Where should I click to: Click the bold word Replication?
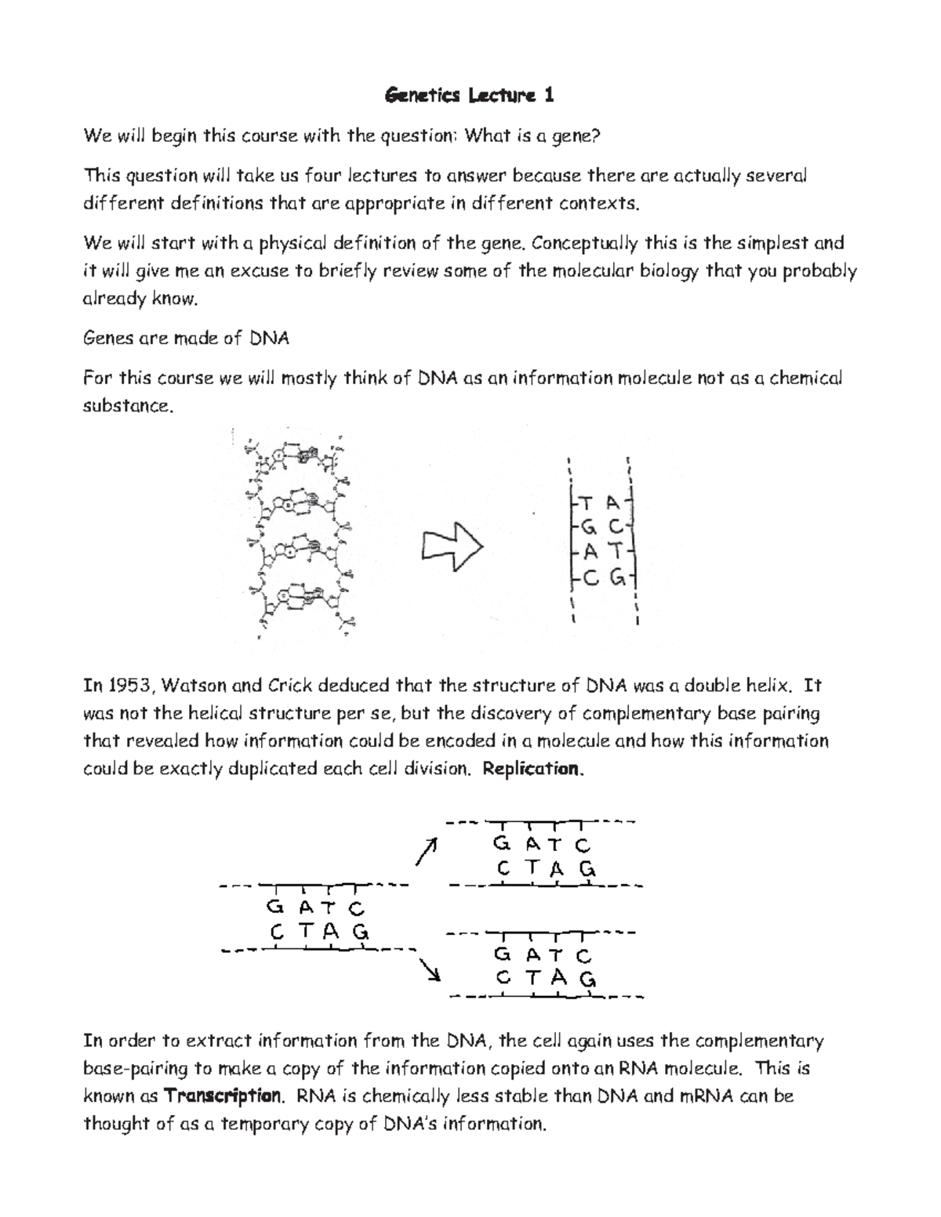tap(533, 769)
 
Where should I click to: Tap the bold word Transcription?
tap(223, 1096)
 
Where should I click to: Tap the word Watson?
tap(196, 686)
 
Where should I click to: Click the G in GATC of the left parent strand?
tap(274, 907)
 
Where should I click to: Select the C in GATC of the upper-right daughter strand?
tap(582, 845)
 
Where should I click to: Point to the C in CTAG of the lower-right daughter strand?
tap(503, 979)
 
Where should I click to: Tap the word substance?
tap(125, 407)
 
